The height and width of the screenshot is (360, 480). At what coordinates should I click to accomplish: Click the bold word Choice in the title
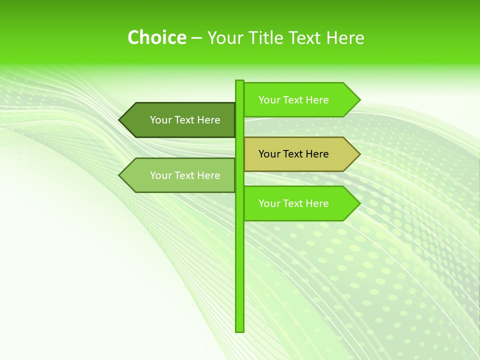point(156,37)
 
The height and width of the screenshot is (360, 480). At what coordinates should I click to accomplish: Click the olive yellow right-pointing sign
point(295,154)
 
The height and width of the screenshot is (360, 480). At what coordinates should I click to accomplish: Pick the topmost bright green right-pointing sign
point(295,100)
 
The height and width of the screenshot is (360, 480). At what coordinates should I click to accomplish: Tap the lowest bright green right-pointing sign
point(295,203)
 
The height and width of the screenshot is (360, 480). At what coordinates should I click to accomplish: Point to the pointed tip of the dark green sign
point(120,120)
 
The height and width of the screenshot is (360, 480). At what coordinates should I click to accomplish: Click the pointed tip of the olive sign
point(358,154)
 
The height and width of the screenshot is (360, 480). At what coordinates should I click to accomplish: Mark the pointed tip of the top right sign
point(358,100)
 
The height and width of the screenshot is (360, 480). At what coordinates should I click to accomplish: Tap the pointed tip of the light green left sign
point(120,175)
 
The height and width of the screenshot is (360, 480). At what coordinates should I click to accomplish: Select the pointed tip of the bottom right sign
point(358,203)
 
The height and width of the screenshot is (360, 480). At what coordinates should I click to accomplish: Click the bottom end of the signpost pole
point(239,330)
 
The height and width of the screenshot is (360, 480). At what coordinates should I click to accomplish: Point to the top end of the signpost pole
point(239,81)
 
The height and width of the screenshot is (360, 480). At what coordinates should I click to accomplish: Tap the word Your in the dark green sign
point(160,120)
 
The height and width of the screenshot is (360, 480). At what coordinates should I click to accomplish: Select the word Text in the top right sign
point(293,100)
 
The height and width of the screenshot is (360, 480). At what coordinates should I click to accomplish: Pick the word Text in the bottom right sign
point(293,203)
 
